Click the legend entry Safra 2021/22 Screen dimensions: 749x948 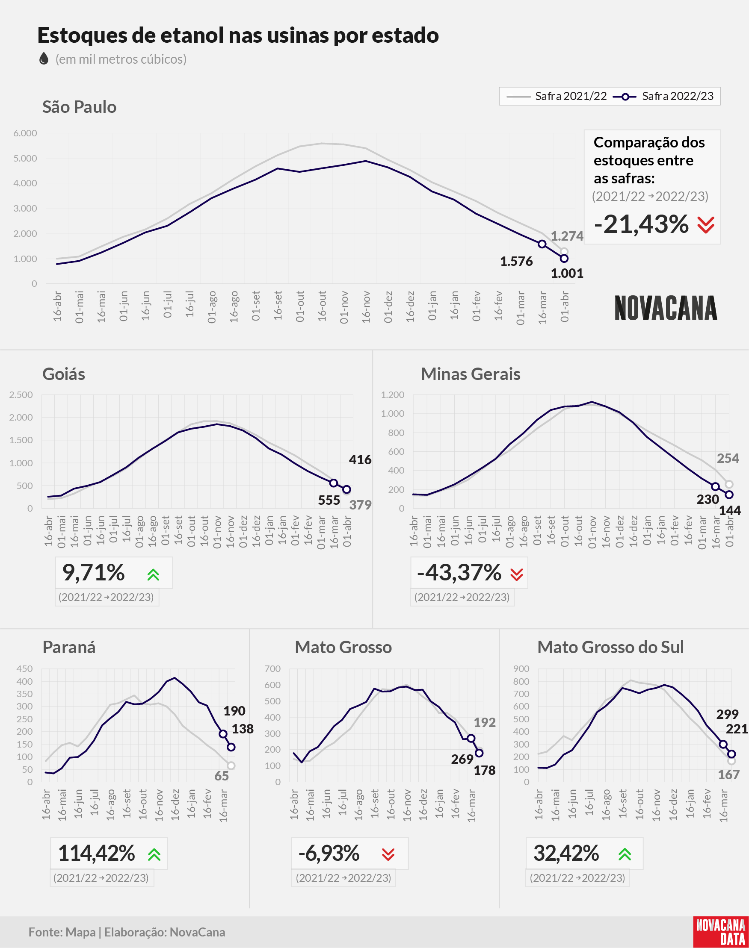[557, 96]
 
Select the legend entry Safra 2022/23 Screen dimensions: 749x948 [663, 96]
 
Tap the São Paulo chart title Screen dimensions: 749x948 [80, 107]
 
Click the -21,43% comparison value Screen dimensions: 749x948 [642, 224]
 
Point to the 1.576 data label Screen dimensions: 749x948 [516, 262]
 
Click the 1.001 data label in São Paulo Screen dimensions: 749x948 [567, 274]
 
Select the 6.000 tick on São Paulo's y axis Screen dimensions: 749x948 [25, 133]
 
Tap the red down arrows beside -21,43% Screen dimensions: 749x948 [706, 225]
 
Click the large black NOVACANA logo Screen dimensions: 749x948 [666, 308]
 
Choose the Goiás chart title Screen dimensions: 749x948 [64, 374]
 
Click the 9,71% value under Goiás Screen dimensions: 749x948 [93, 573]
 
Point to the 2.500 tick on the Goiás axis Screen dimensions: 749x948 [21, 395]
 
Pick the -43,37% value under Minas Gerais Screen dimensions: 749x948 [459, 573]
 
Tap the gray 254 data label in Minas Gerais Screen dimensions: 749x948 [728, 458]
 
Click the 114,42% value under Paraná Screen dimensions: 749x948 [97, 853]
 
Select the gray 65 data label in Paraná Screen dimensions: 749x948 [222, 776]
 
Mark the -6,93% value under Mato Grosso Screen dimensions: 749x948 [329, 853]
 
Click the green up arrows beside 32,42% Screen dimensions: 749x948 [625, 854]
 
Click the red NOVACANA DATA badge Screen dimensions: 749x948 [721, 931]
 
